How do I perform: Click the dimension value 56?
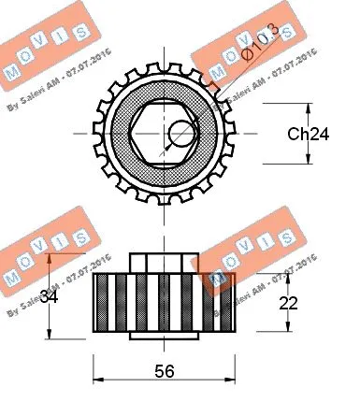tap(164, 370)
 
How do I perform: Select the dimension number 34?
tap(51, 298)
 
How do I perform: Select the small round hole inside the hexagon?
tap(179, 134)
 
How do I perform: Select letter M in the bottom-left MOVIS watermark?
tap(13, 278)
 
